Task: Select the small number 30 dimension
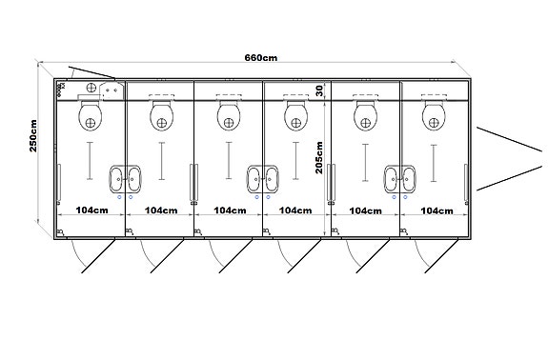(x=319, y=91)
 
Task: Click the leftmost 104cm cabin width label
(x=91, y=210)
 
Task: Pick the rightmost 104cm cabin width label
(x=436, y=210)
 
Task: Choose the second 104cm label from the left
(x=160, y=210)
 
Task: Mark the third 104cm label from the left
(x=230, y=210)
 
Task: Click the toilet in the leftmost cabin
(x=91, y=117)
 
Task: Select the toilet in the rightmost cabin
(x=436, y=117)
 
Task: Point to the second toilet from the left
(x=160, y=117)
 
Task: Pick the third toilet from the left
(x=229, y=117)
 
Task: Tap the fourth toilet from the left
(x=297, y=117)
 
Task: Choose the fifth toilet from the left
(x=367, y=117)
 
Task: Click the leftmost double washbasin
(x=125, y=176)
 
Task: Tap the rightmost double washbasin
(x=399, y=176)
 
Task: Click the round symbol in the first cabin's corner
(x=91, y=87)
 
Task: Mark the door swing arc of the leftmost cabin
(x=80, y=255)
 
